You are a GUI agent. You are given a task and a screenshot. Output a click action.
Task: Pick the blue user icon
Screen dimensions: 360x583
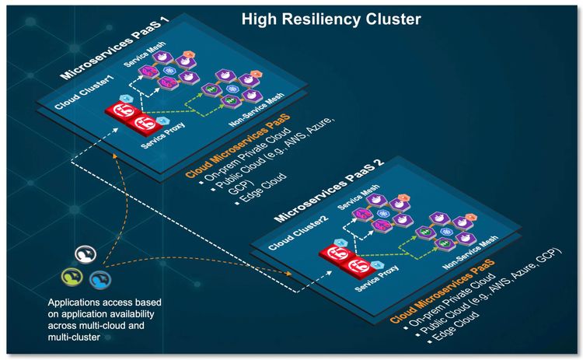pos(98,278)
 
